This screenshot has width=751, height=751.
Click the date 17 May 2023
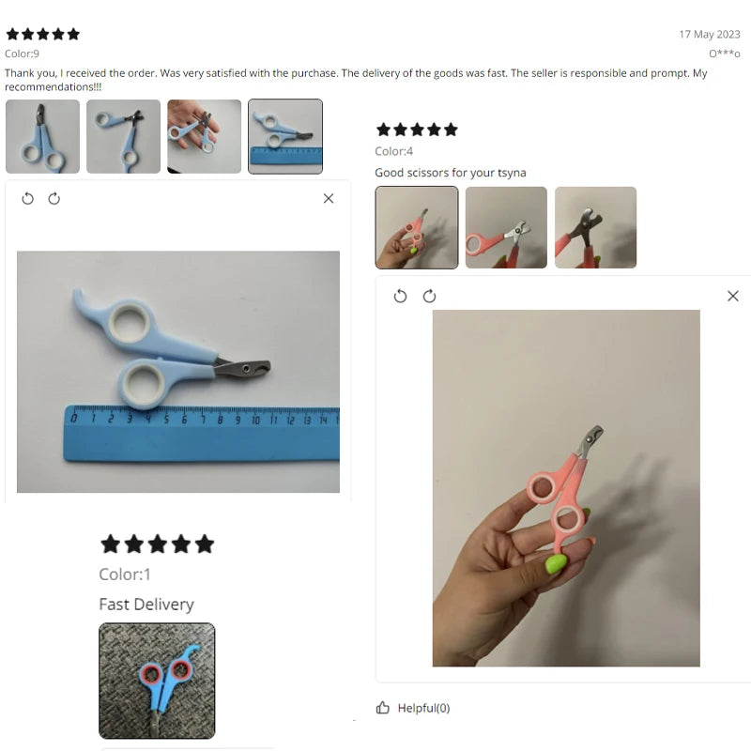point(710,35)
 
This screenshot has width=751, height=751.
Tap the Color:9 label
point(22,54)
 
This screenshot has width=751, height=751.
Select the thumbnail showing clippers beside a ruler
point(285,136)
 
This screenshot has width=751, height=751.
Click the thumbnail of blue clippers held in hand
point(205,136)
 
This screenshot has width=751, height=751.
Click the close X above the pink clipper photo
point(733,296)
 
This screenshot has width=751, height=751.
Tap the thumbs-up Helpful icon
point(383,708)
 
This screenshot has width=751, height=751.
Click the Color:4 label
point(393,151)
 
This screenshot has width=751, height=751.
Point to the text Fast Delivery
point(146,605)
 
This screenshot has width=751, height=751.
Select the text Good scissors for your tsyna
point(451,173)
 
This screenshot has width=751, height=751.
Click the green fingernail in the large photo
point(556,564)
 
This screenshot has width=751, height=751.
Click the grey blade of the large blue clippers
point(243,369)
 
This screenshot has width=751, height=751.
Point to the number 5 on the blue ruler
point(166,420)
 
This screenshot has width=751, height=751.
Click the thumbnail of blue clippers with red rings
point(157,681)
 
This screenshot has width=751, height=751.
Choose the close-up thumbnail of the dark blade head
point(596,227)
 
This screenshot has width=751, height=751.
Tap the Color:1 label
point(125,575)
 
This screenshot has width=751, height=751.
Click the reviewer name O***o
point(724,54)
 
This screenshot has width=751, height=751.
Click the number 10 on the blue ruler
point(255,420)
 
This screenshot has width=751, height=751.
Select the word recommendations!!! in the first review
point(54,87)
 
